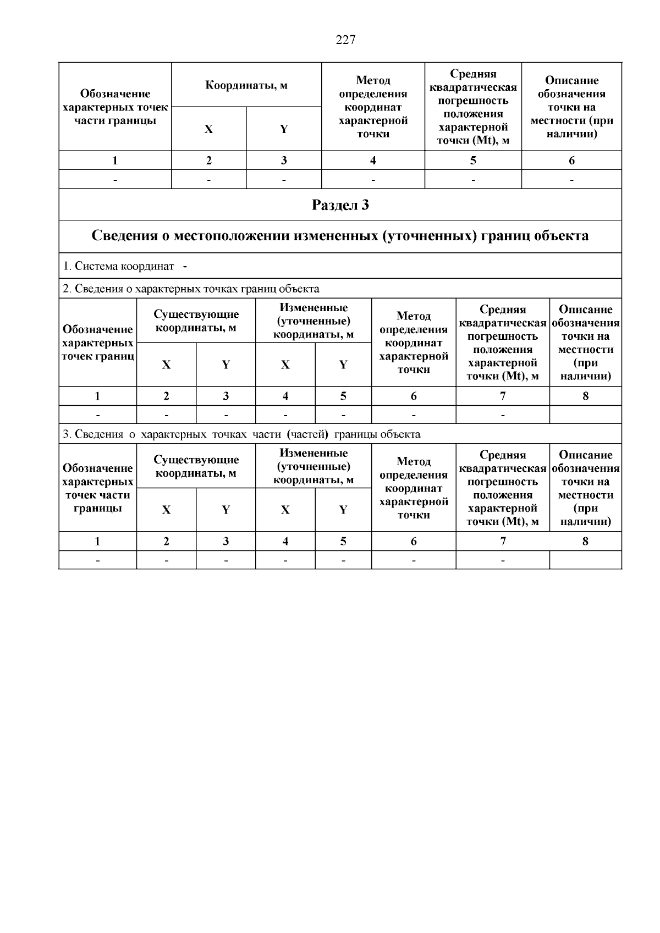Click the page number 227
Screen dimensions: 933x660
(x=345, y=40)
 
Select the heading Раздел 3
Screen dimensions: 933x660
(x=340, y=205)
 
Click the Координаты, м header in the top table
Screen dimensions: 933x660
(x=246, y=85)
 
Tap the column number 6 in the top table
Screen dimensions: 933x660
(x=571, y=161)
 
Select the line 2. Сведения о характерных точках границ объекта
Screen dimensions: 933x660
(x=190, y=289)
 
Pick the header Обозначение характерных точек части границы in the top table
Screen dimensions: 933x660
(x=115, y=107)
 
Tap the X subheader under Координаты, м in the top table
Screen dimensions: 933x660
(x=208, y=129)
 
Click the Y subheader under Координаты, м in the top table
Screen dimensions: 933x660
(x=284, y=129)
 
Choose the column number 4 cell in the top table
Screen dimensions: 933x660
(x=373, y=161)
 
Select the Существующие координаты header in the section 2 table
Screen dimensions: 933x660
(x=196, y=321)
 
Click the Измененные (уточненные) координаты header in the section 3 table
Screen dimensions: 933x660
(x=313, y=466)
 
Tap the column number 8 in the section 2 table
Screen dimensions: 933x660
(x=585, y=396)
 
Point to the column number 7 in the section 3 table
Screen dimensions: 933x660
(x=502, y=541)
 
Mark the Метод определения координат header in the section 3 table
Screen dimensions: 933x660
(x=414, y=488)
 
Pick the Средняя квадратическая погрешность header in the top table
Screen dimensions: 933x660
(x=472, y=107)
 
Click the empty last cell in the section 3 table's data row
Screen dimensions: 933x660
(x=585, y=560)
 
